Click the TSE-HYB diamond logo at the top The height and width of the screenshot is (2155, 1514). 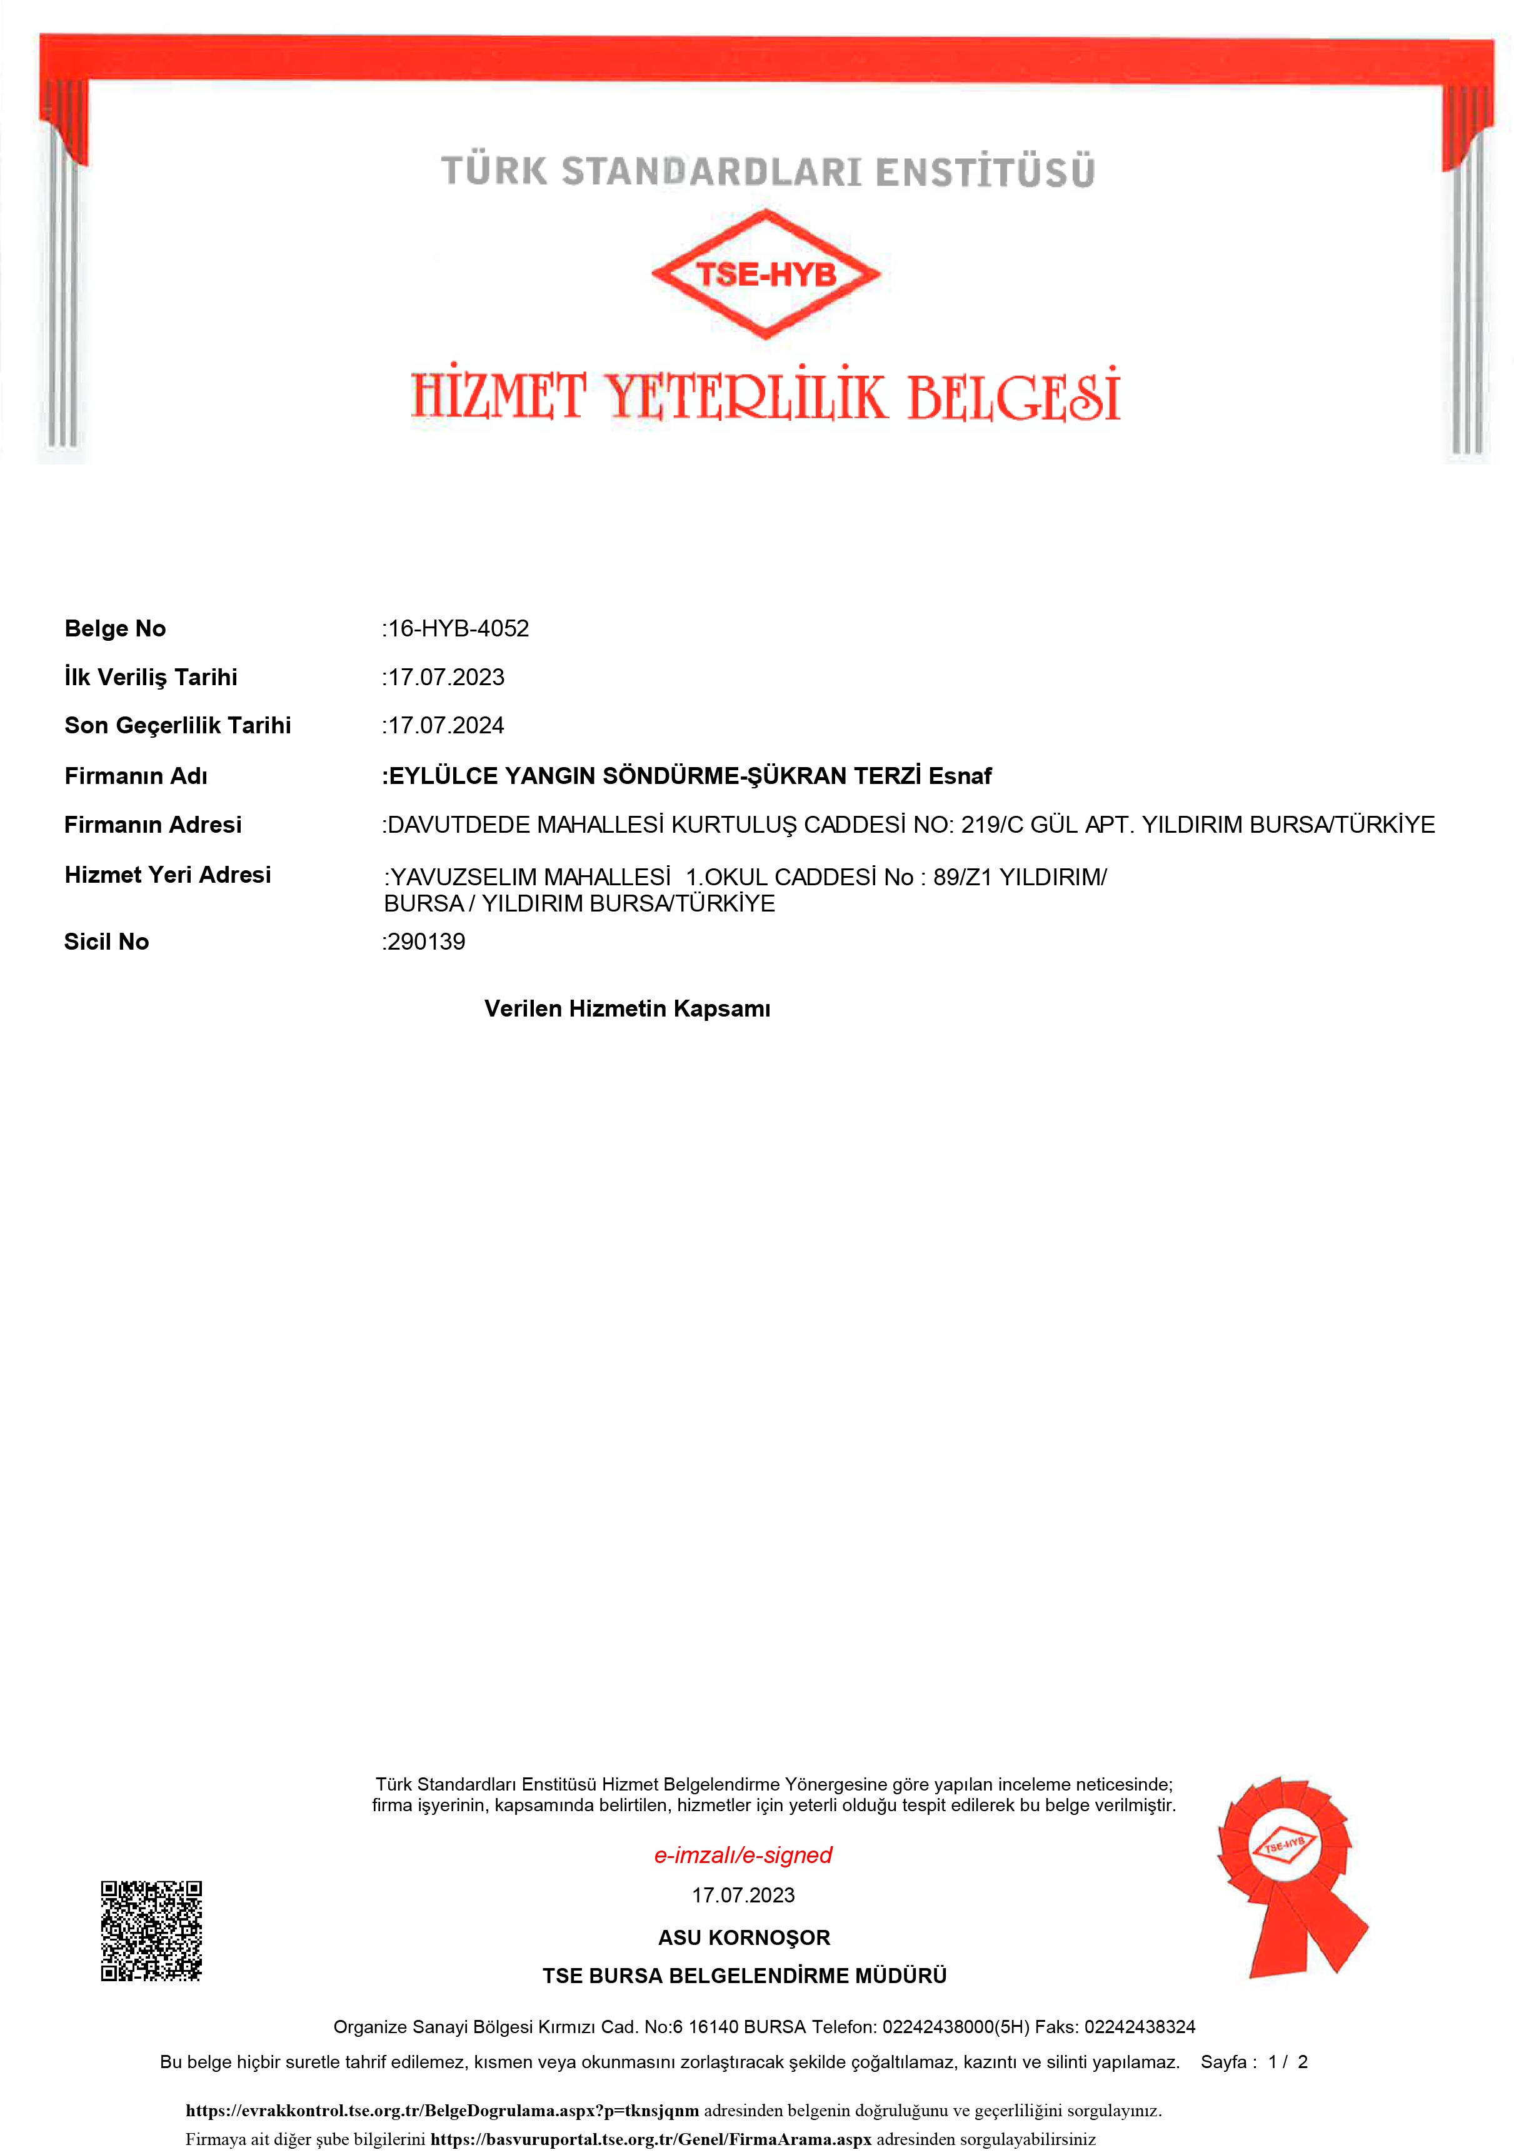pos(766,273)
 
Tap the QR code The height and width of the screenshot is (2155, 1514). pos(151,1931)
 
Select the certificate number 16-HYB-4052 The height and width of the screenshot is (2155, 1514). pos(458,629)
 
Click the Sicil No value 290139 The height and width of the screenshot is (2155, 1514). pos(426,942)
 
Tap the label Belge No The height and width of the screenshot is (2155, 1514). pos(114,629)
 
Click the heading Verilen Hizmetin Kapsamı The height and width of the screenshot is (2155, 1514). pos(627,1009)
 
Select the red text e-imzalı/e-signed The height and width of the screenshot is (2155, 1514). pos(743,1855)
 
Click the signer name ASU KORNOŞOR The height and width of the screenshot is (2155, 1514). pos(743,1937)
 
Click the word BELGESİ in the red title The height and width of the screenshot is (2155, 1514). pos(1014,396)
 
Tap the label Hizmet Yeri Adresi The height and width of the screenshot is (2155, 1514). pos(167,875)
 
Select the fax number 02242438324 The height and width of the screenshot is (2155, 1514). pos(1140,2026)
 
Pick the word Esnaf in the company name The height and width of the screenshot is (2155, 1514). pos(960,776)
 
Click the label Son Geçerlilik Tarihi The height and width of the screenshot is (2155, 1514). pos(178,726)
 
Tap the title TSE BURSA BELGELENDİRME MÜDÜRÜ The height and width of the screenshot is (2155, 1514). pos(744,1976)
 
